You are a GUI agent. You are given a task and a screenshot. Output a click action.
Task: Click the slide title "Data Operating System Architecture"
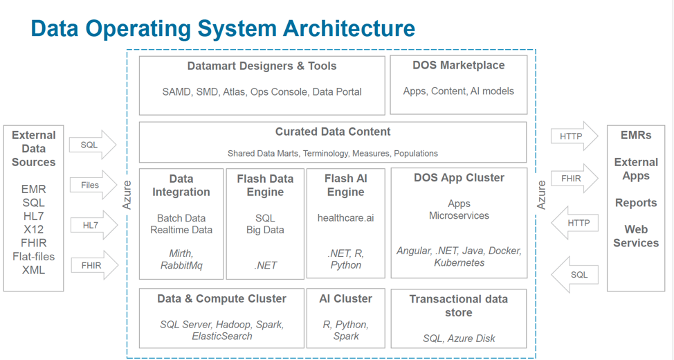[223, 28]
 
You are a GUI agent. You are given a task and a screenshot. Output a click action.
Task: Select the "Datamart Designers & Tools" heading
[262, 66]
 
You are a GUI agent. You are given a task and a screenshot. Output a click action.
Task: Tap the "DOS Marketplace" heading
[458, 66]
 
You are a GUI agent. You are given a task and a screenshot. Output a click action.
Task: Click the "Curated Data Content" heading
[333, 132]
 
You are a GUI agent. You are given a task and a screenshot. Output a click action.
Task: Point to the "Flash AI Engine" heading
[345, 185]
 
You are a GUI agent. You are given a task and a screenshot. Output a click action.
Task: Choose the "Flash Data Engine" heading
[265, 185]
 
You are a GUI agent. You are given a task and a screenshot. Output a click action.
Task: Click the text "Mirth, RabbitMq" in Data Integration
[181, 259]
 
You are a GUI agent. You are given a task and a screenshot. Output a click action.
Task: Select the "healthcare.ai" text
[345, 217]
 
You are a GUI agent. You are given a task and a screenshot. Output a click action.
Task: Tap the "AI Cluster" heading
[345, 299]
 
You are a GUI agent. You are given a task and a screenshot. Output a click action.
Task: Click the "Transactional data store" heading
[458, 306]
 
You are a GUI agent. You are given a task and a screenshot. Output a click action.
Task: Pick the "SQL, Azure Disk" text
[458, 339]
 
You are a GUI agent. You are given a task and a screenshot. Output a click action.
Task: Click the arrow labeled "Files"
[93, 186]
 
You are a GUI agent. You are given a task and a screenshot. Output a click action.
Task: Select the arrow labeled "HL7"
[93, 226]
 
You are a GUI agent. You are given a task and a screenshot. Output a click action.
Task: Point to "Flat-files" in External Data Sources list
[33, 257]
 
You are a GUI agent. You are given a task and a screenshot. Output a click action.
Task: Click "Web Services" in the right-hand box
[635, 236]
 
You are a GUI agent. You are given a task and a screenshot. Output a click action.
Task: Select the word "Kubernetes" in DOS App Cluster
[459, 263]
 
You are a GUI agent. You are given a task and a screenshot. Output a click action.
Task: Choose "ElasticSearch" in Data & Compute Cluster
[221, 336]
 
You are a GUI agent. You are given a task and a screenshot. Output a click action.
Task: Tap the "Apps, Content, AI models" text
[458, 91]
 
